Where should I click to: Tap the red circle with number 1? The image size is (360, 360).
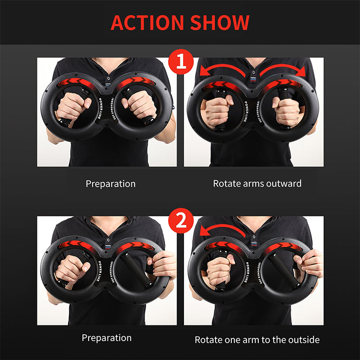point(180,62)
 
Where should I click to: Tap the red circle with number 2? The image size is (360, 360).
point(180,221)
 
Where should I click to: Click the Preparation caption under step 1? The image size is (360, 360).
point(110,184)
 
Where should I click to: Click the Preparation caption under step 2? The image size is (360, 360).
point(107,338)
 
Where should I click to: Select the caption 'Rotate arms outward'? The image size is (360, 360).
point(257,184)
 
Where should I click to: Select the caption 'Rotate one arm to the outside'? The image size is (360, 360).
point(257,339)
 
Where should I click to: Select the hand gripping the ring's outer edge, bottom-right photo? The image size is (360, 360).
point(311,263)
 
